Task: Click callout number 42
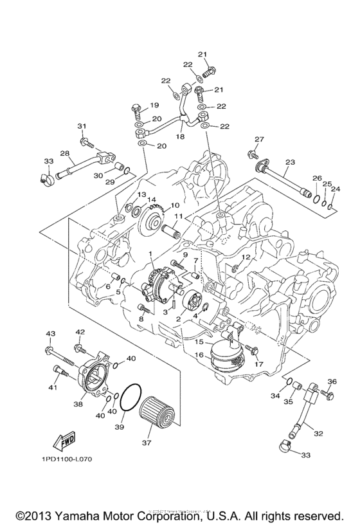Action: pyautogui.click(x=80, y=332)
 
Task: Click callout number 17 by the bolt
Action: pyautogui.click(x=259, y=364)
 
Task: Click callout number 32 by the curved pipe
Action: pyautogui.click(x=318, y=434)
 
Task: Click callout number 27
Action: pyautogui.click(x=259, y=140)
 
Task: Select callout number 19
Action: pyautogui.click(x=154, y=105)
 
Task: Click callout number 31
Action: pyautogui.click(x=82, y=125)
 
